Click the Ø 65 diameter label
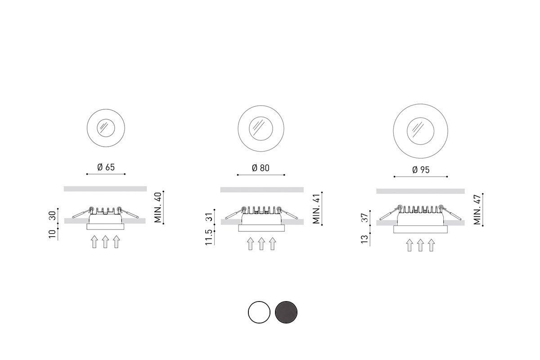click(106, 167)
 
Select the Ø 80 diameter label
click(261, 168)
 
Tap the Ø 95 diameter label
click(421, 170)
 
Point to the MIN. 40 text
click(157, 207)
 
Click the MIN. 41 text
click(316, 208)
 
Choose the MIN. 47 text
click(477, 210)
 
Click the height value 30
click(52, 216)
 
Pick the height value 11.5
click(208, 237)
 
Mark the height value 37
click(365, 218)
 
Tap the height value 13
click(365, 239)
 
